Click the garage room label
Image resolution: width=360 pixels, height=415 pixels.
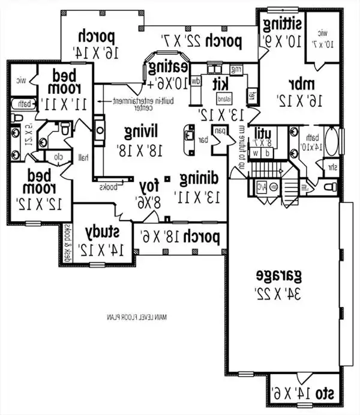pyautogui.click(x=281, y=276)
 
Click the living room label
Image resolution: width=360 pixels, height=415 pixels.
pyautogui.click(x=140, y=130)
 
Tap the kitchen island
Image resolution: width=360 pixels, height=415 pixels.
pyautogui.click(x=224, y=98)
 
